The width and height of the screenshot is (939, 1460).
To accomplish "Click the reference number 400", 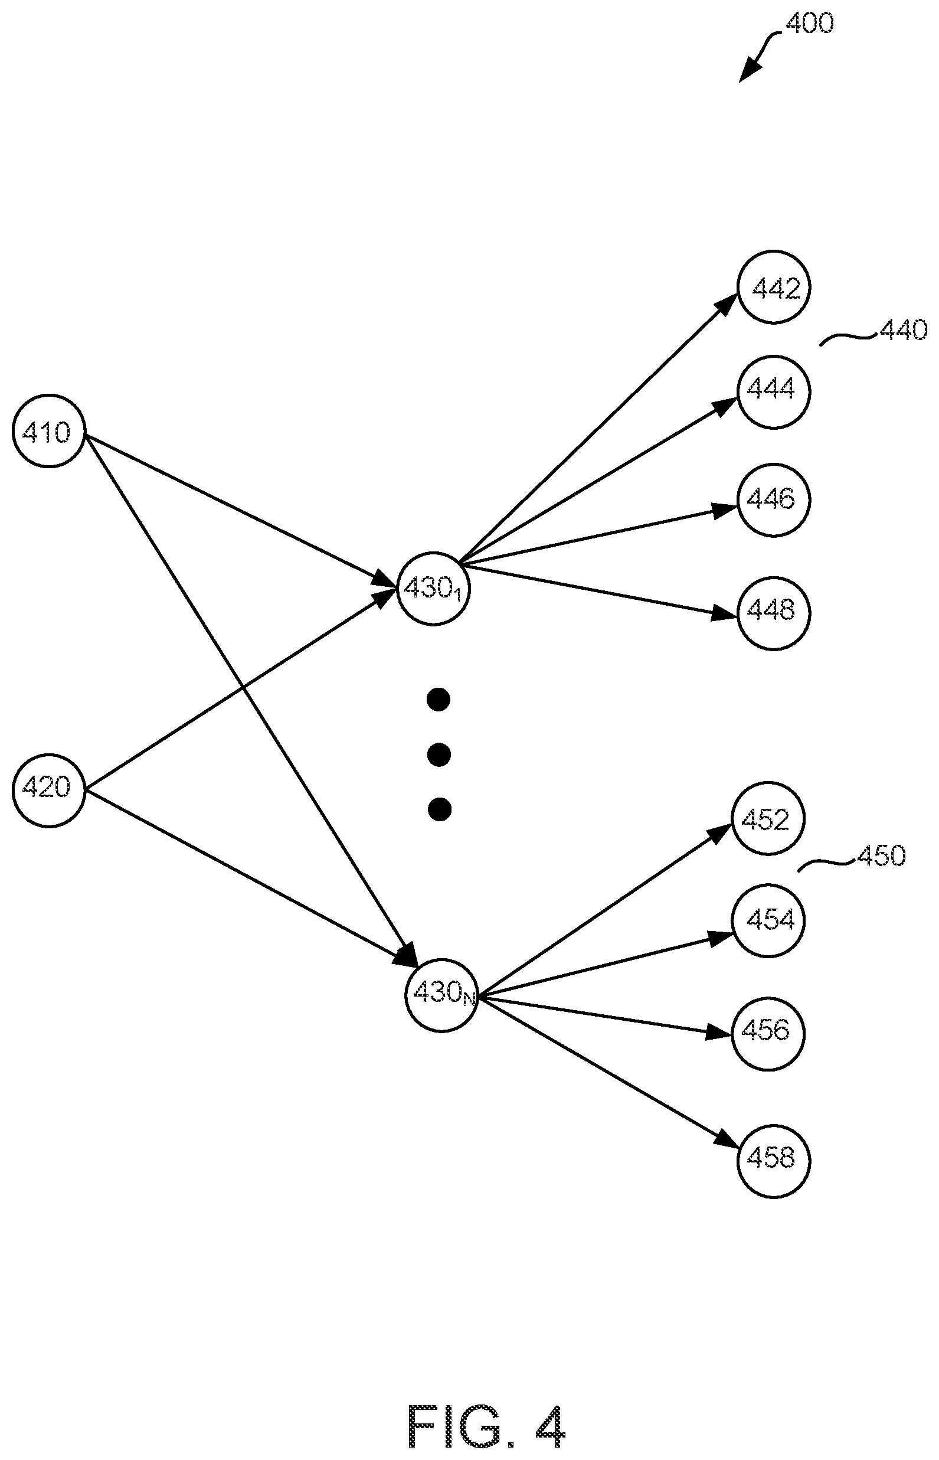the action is click(809, 23).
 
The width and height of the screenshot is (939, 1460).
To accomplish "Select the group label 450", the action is click(881, 855).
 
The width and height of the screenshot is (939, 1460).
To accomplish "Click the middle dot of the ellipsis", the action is click(439, 755).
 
